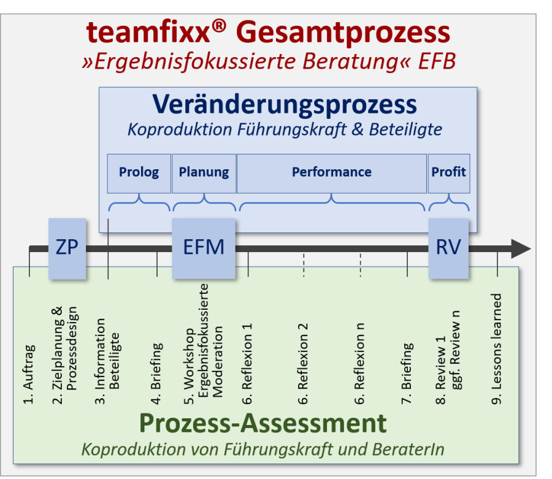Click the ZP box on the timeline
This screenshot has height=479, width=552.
coord(67,248)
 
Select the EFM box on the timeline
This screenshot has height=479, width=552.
coord(204,248)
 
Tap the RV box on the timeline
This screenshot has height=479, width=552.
coord(448,248)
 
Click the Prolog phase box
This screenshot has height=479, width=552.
coord(139,172)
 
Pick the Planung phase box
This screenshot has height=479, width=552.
coord(204,172)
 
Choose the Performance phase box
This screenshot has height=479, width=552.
coord(331,172)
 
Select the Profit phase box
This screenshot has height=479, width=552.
coord(448,172)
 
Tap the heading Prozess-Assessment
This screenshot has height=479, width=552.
coord(263,423)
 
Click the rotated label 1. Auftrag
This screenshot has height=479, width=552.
coord(29,375)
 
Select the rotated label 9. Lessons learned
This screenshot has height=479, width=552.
coord(497,349)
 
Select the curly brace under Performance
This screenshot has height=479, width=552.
coord(332,202)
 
